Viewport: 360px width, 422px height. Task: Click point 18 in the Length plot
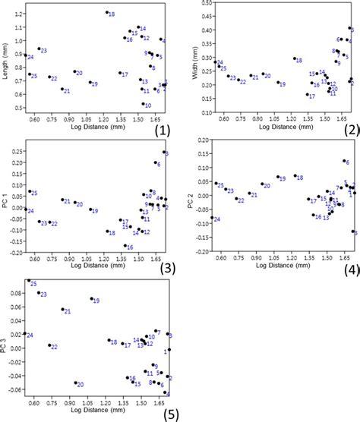(106, 13)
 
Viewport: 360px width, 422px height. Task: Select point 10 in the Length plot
(144, 104)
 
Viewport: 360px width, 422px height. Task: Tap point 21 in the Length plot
(62, 89)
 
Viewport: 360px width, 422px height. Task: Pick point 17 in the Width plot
(307, 95)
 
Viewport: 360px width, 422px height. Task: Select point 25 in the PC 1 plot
(29, 192)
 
